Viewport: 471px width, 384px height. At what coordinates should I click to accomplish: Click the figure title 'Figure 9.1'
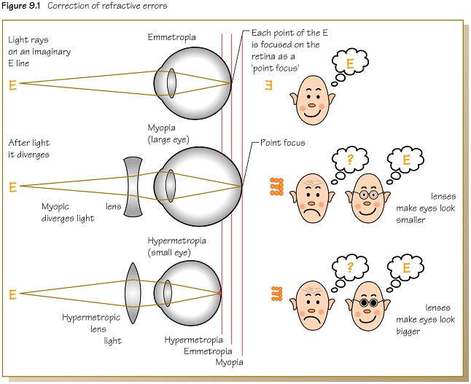pyautogui.click(x=24, y=7)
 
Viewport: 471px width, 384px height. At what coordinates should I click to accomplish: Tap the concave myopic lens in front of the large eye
pyautogui.click(x=133, y=187)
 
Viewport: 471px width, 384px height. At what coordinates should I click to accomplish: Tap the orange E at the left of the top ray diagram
pyautogui.click(x=12, y=85)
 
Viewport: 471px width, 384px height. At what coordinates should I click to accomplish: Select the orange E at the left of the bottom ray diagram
pyautogui.click(x=12, y=295)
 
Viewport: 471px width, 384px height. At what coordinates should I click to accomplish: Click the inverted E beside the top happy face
pyautogui.click(x=268, y=86)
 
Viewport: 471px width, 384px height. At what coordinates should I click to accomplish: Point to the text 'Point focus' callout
pyautogui.click(x=283, y=144)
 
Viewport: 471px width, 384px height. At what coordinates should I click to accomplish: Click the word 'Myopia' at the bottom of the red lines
pyautogui.click(x=230, y=361)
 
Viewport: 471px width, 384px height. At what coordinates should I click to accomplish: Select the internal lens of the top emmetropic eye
pyautogui.click(x=171, y=82)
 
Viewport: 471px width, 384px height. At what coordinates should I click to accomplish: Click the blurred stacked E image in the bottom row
pyautogui.click(x=276, y=294)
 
